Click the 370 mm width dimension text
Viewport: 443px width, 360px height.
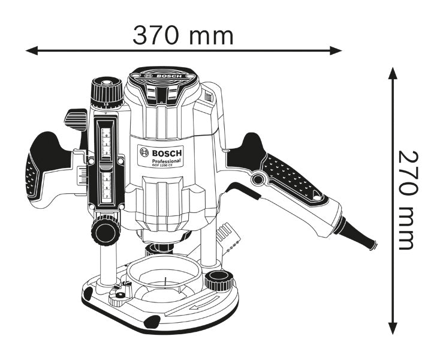pos(183,35)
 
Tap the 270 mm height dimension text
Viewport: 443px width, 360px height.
pos(406,200)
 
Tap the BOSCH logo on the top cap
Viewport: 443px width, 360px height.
pos(164,76)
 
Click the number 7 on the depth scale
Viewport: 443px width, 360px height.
pos(107,196)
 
